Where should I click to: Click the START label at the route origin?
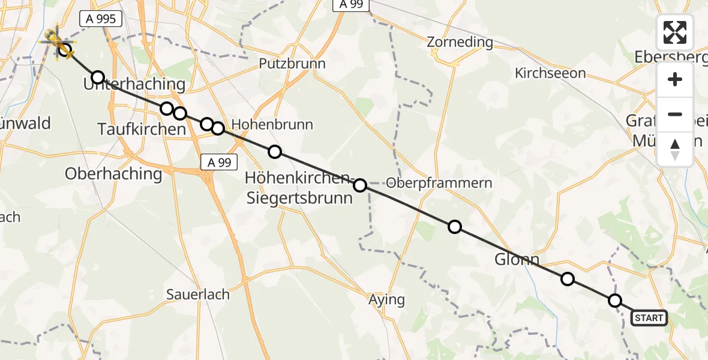pyautogui.click(x=649, y=318)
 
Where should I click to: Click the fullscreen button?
pyautogui.click(x=675, y=32)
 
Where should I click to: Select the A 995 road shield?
pyautogui.click(x=101, y=19)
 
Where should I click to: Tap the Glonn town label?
pyautogui.click(x=517, y=260)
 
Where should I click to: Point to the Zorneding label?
pyautogui.click(x=460, y=42)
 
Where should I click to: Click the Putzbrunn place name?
pyautogui.click(x=292, y=64)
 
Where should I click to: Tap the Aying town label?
pyautogui.click(x=386, y=299)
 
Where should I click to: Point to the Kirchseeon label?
pyautogui.click(x=550, y=73)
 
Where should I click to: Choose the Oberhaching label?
pyautogui.click(x=113, y=174)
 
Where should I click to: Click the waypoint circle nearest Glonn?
pyautogui.click(x=567, y=279)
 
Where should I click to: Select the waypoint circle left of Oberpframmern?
pyautogui.click(x=360, y=185)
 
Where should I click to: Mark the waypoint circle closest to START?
pyautogui.click(x=615, y=301)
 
